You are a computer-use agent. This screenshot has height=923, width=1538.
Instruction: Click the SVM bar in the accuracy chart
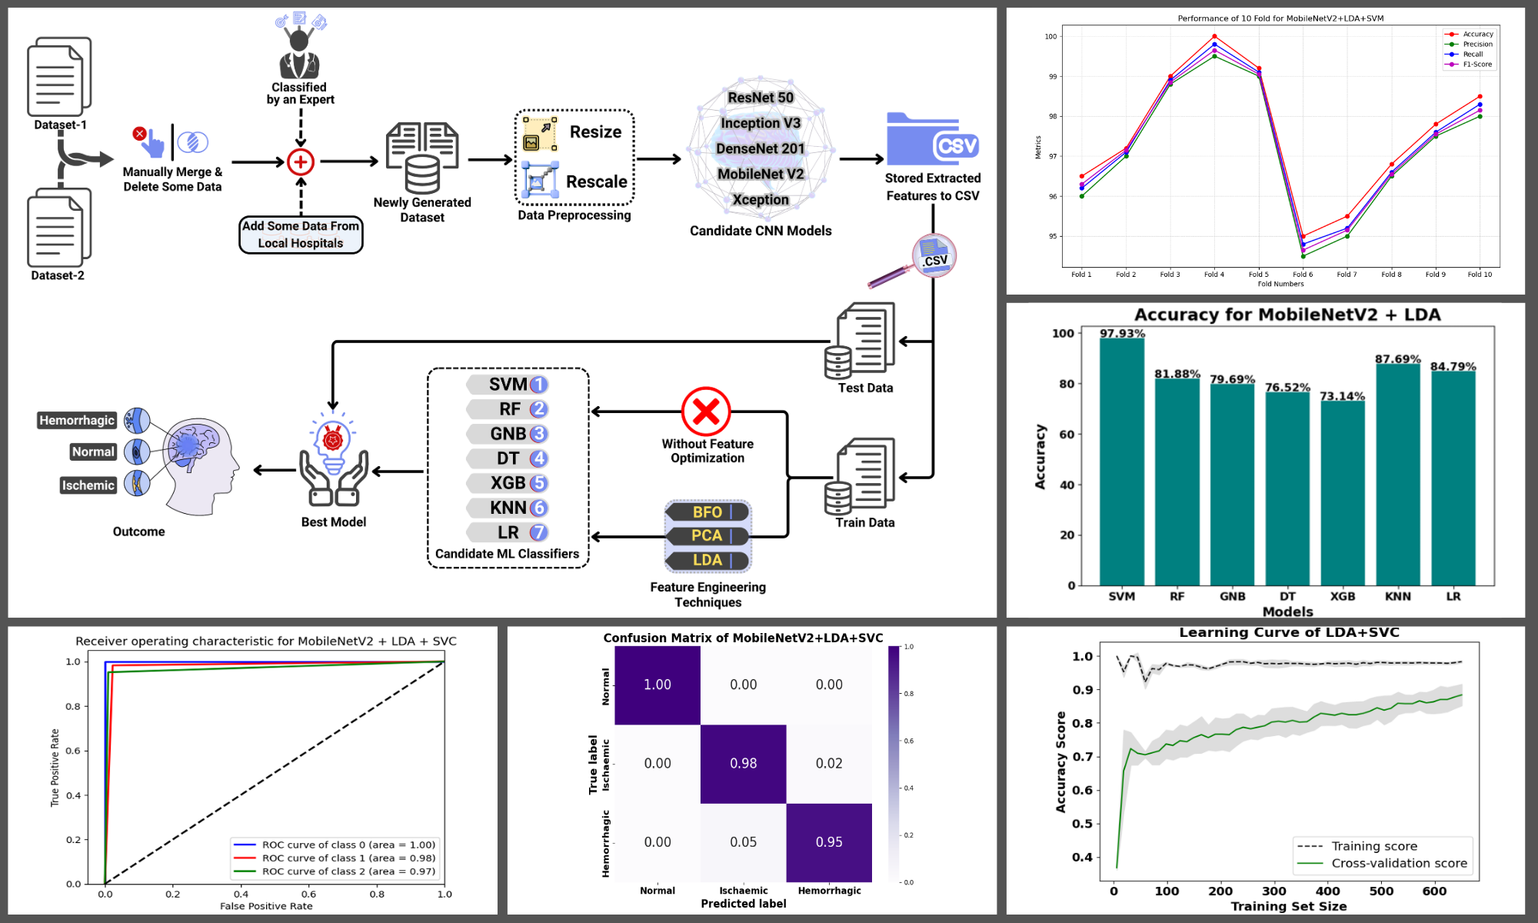point(1121,461)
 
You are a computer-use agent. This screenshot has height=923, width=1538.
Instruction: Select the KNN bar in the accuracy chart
point(1397,473)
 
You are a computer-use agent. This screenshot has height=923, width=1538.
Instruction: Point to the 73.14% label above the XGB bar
point(1342,396)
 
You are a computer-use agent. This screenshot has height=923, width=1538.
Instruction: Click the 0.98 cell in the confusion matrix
point(743,764)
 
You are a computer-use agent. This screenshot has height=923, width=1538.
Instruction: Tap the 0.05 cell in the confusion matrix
point(743,842)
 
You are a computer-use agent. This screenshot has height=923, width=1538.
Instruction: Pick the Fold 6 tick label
point(1303,275)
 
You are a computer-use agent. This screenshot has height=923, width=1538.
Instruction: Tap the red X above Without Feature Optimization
point(706,412)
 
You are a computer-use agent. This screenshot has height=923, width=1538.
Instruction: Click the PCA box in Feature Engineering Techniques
point(707,535)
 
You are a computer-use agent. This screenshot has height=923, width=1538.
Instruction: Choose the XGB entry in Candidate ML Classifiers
point(508,483)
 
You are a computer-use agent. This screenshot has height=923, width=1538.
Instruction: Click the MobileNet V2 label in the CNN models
point(761,174)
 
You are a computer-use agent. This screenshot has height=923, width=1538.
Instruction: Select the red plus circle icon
point(301,162)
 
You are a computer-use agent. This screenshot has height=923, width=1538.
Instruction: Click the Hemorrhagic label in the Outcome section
point(77,420)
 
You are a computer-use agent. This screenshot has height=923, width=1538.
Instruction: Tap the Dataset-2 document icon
point(58,228)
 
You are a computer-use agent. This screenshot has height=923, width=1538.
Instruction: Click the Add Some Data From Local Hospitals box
point(301,235)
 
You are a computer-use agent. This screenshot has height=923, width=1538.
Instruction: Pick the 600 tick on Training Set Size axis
point(1434,891)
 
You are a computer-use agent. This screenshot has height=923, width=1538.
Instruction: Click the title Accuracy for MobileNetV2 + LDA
point(1287,315)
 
